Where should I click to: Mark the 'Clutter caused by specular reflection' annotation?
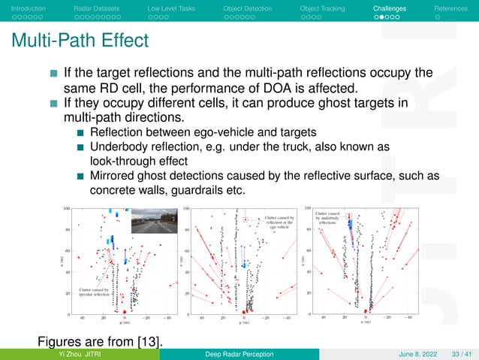[95, 292]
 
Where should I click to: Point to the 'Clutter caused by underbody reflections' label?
[329, 219]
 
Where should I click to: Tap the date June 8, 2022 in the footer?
[410, 354]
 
